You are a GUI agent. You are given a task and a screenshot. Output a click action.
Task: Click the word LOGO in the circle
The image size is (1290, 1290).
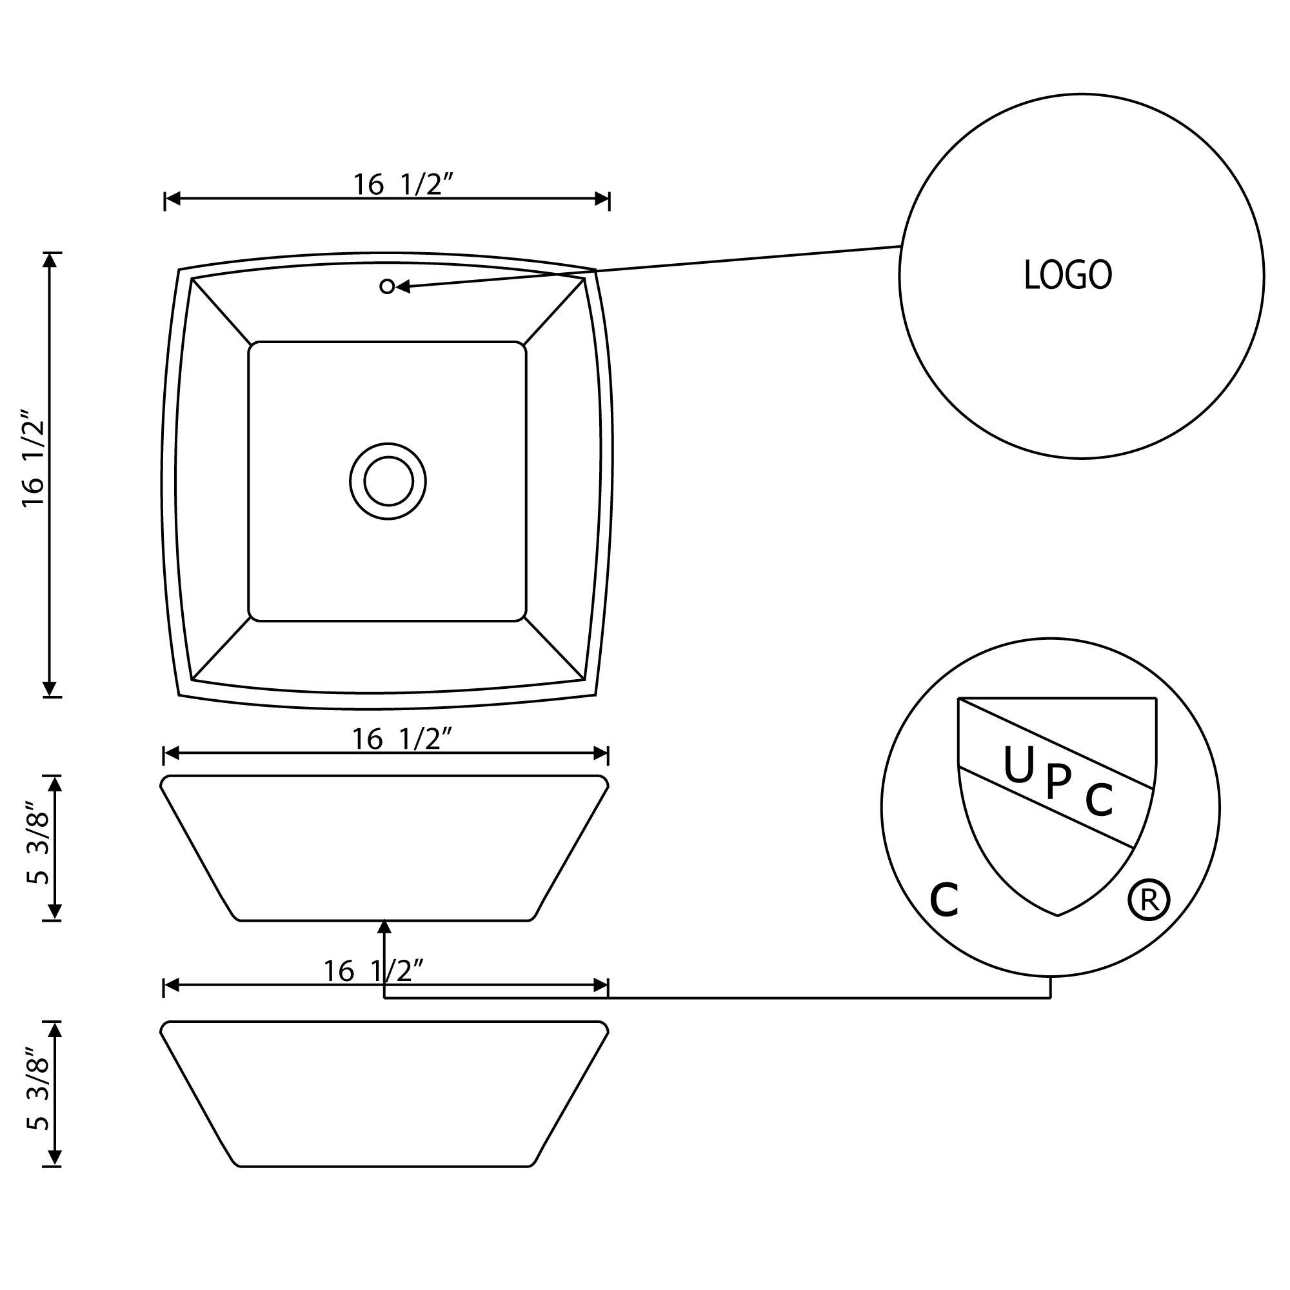coord(1067,275)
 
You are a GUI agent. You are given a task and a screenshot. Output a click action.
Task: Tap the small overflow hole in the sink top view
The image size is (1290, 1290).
coord(386,286)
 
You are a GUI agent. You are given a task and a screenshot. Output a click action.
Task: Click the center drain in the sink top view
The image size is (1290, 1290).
coord(388,481)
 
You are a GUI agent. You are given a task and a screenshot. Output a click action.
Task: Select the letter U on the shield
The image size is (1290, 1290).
coord(1018,765)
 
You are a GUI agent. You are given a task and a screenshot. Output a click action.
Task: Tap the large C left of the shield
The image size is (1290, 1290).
coord(944,900)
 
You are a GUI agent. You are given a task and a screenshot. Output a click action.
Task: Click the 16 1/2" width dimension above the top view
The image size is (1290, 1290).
coord(402,185)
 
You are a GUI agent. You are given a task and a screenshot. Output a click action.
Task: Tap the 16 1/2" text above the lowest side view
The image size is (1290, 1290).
coord(374,971)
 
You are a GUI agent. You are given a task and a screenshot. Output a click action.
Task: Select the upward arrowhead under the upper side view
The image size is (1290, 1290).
coord(384,928)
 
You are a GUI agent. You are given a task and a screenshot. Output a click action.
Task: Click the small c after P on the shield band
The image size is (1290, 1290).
coord(1098,799)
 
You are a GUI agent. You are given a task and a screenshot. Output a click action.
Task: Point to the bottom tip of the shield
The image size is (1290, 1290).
coord(1058,915)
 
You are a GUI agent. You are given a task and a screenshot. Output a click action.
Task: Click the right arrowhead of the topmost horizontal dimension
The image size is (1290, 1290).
coord(601,199)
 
